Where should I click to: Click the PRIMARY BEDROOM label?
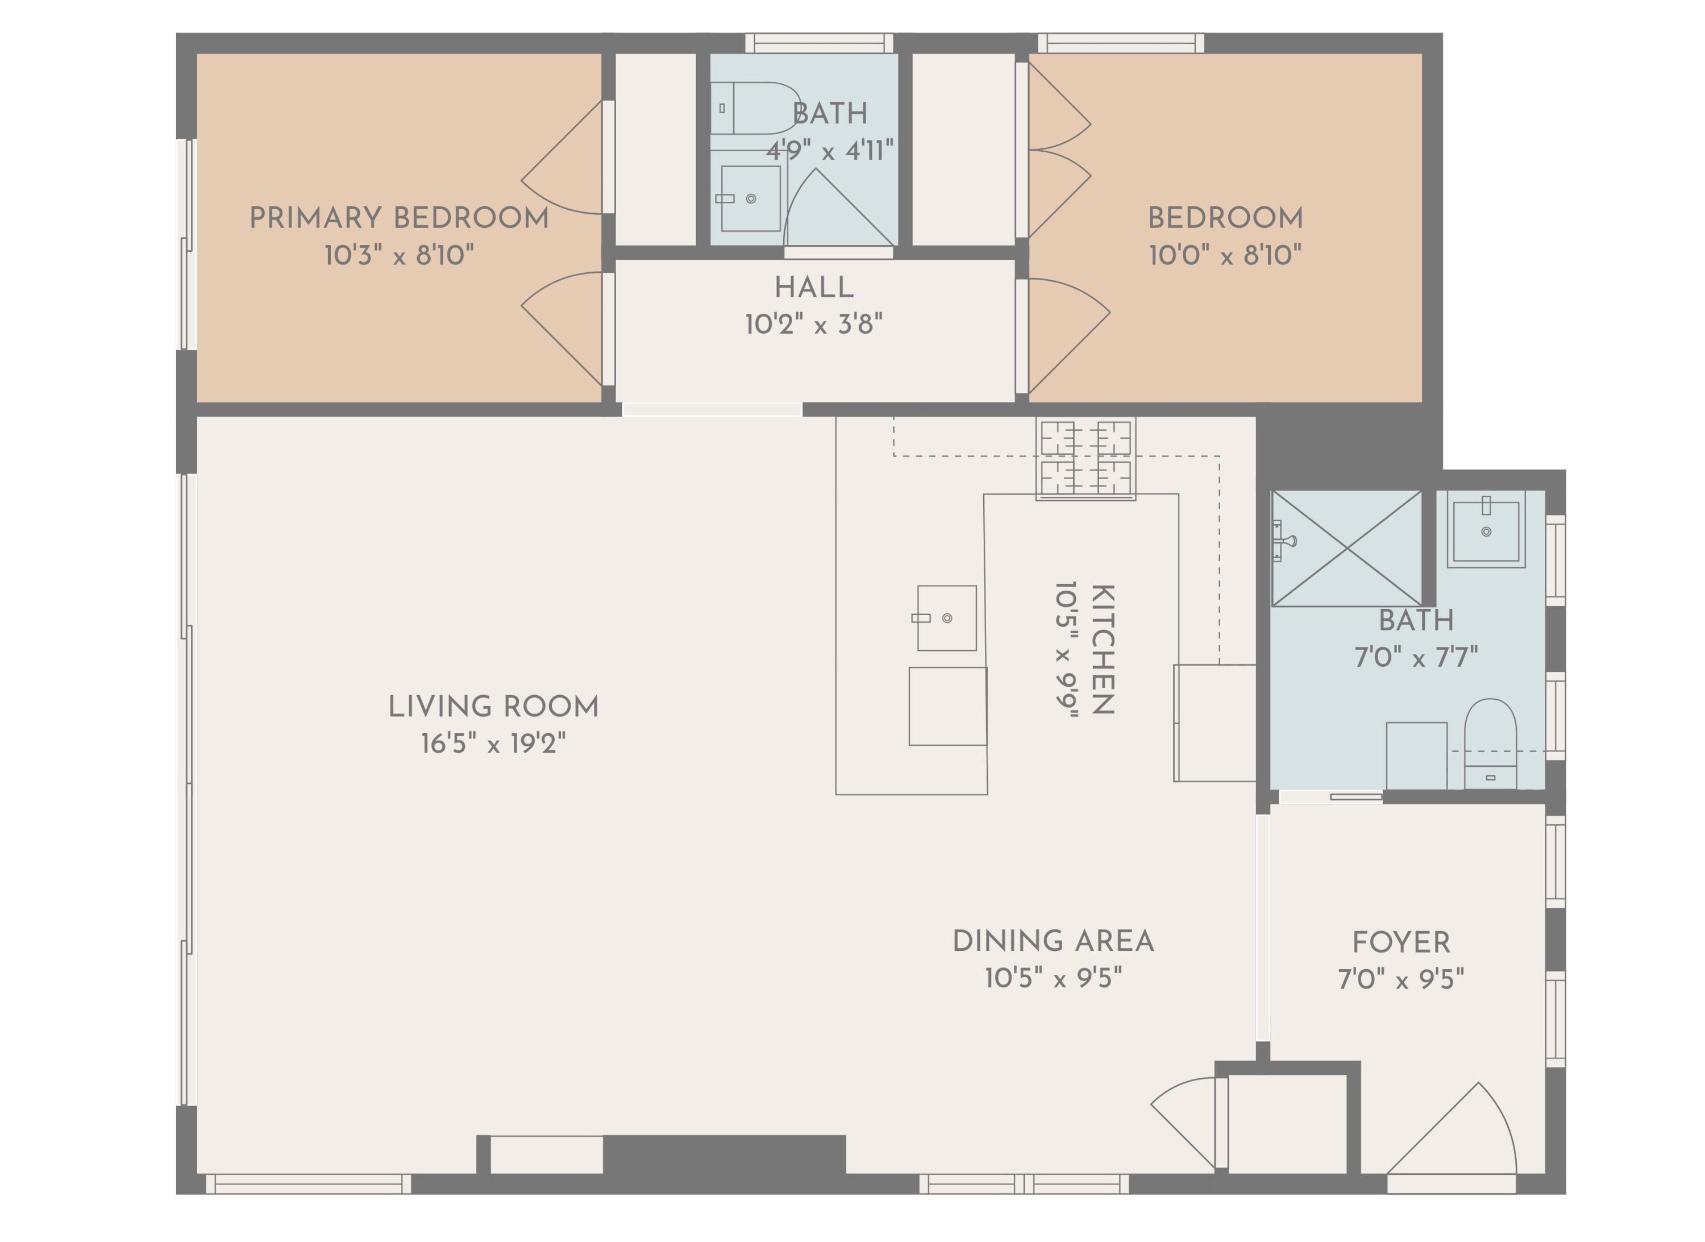click(x=399, y=218)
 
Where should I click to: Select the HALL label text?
click(x=814, y=287)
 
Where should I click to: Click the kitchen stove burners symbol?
click(x=1086, y=458)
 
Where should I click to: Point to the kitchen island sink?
click(x=946, y=618)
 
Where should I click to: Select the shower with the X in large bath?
click(x=1346, y=548)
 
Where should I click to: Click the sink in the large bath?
click(x=1486, y=531)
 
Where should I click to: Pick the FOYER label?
click(x=1400, y=942)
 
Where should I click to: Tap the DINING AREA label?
click(x=1053, y=941)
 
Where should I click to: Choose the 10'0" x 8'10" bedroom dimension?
click(x=1225, y=255)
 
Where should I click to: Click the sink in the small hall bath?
click(x=750, y=198)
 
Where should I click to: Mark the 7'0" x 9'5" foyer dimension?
click(x=1400, y=979)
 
